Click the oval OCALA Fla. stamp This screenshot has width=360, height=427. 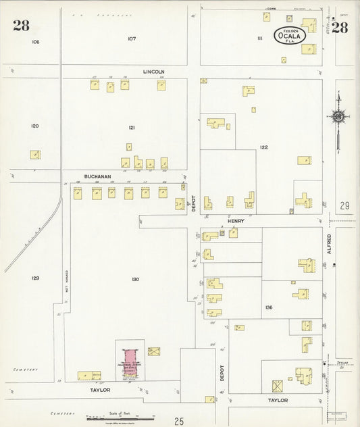click(x=289, y=36)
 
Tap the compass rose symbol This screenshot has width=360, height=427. click(x=338, y=116)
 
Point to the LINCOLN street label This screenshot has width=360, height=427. click(x=154, y=72)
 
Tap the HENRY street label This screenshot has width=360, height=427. click(x=235, y=220)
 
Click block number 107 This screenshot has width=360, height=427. click(x=132, y=39)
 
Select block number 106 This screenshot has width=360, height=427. click(x=36, y=42)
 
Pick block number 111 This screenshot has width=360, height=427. click(x=259, y=39)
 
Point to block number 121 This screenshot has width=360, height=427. click(x=132, y=127)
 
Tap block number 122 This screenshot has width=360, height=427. click(x=263, y=147)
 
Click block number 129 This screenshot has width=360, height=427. click(x=35, y=278)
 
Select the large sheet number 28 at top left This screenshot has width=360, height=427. click(x=21, y=26)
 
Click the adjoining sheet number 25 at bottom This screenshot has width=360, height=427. click(x=178, y=422)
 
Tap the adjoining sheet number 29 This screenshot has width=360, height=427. click(x=344, y=205)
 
